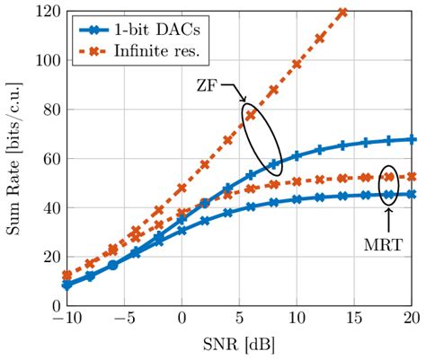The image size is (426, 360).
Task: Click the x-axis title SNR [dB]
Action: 239,347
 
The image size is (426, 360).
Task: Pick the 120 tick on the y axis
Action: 45,12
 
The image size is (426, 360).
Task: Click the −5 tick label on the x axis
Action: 124,320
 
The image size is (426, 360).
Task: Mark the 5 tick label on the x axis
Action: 239,320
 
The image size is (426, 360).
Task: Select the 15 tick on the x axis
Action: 354,320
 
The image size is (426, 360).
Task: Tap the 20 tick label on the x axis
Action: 412,320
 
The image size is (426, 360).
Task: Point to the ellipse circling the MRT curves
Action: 388,186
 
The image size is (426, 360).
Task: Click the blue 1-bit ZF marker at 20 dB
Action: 412,139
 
